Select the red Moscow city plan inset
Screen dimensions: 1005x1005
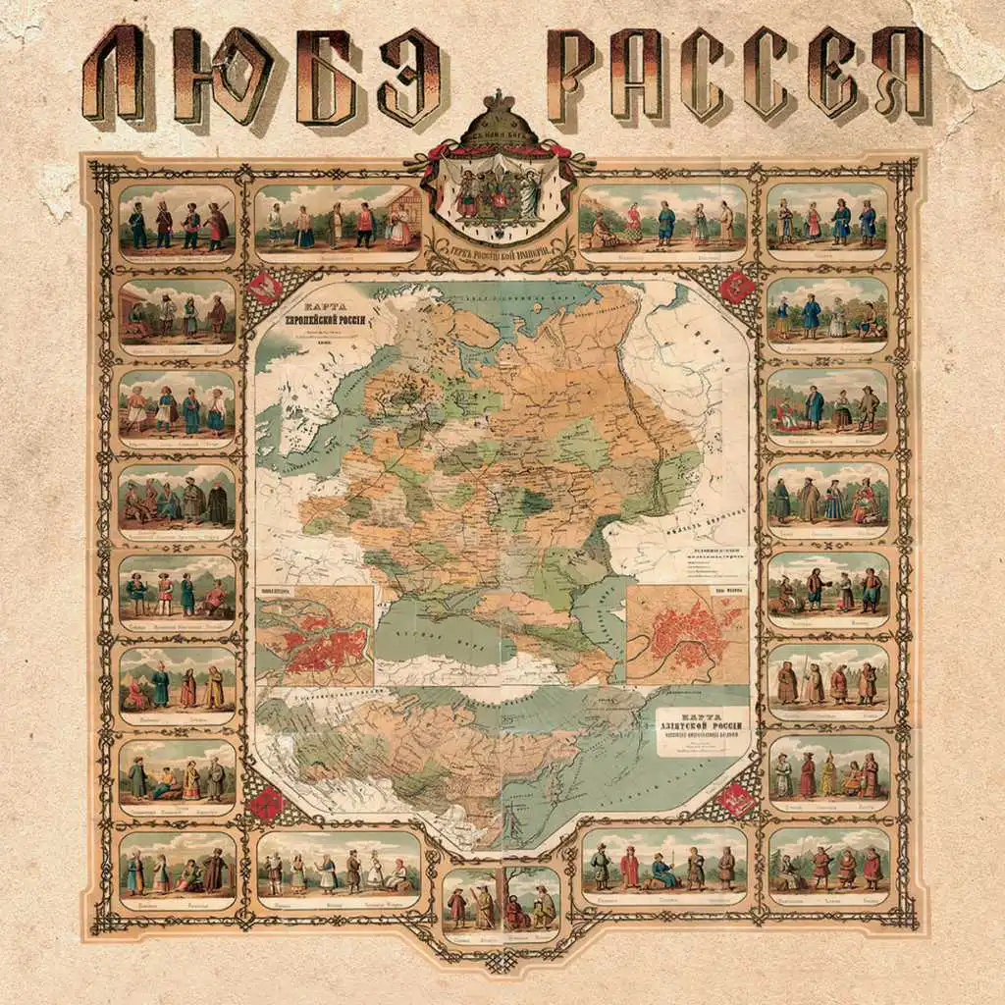(685, 633)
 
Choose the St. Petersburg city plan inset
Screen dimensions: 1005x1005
(314, 637)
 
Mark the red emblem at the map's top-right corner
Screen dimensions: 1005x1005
(737, 287)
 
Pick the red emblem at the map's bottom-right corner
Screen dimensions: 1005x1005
(737, 801)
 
